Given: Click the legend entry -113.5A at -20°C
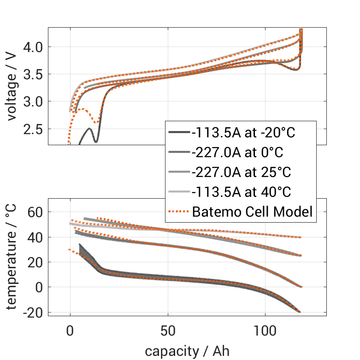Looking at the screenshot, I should pyautogui.click(x=243, y=133).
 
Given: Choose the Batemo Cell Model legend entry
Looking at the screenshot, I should pyautogui.click(x=252, y=212).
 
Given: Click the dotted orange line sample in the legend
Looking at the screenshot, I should pyautogui.click(x=177, y=212).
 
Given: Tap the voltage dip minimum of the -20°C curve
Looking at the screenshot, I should pyautogui.click(x=96, y=142).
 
